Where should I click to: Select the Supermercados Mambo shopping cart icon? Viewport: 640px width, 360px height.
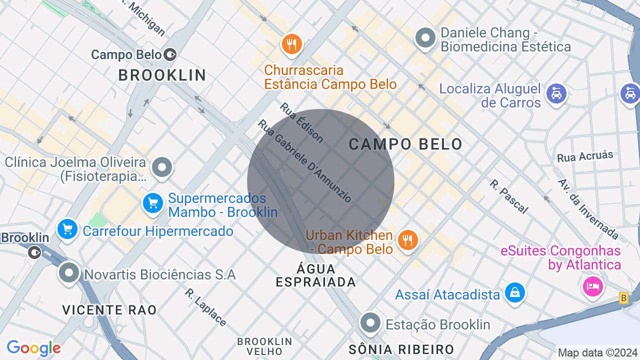[153, 203]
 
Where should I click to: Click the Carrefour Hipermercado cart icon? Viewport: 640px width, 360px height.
[67, 229]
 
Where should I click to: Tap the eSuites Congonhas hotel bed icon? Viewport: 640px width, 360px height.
[592, 286]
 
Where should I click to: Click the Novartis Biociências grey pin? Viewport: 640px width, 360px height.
[69, 273]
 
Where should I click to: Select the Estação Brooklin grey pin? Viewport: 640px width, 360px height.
[370, 322]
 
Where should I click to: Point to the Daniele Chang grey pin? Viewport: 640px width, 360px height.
[426, 38]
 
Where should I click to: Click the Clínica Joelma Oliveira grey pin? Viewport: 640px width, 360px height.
[162, 167]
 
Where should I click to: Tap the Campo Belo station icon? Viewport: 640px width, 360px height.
[170, 54]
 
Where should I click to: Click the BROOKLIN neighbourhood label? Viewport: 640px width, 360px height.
[162, 75]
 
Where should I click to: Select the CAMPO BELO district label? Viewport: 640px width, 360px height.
[405, 144]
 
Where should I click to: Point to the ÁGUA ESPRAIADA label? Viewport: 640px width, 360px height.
[316, 276]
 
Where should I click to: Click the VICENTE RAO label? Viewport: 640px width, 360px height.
[109, 310]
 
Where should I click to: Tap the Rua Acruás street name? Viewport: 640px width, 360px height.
[585, 156]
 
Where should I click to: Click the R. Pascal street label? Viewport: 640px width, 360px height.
[508, 196]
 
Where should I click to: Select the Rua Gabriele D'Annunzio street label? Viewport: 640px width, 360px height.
[305, 161]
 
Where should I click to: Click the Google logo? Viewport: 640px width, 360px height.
[33, 348]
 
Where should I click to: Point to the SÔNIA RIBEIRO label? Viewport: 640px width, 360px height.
[401, 349]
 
